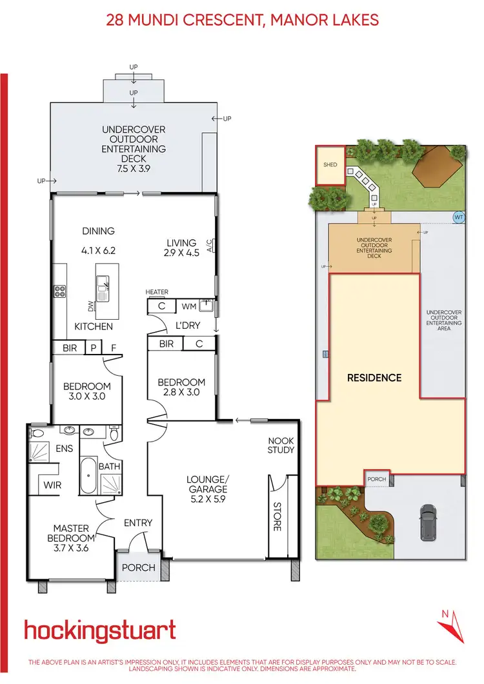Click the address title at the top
[242, 20]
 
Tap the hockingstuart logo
[100, 630]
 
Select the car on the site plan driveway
[428, 521]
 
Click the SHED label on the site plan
[330, 165]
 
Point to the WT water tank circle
[459, 217]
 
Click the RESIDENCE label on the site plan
[374, 378]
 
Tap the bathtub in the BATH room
[88, 475]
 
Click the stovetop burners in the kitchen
[60, 291]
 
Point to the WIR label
[52, 484]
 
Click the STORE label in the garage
[277, 516]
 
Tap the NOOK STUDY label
[281, 445]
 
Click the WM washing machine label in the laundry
[189, 306]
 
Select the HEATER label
[157, 292]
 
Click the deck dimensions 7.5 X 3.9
[134, 169]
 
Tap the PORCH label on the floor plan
[138, 567]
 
